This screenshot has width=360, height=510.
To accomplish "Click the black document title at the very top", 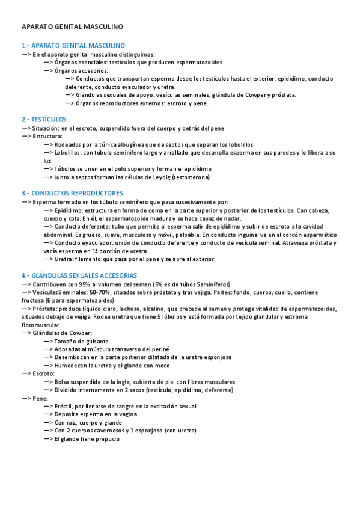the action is coord(72,27).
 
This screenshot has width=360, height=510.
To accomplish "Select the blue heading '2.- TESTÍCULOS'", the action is coord(43,119).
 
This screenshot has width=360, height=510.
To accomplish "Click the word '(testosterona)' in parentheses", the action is coord(191,178).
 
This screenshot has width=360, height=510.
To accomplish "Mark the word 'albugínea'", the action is coord(142,144).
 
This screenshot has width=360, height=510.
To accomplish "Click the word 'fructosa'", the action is coord(34,300).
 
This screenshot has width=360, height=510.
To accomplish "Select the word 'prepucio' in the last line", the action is coord(108,439).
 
